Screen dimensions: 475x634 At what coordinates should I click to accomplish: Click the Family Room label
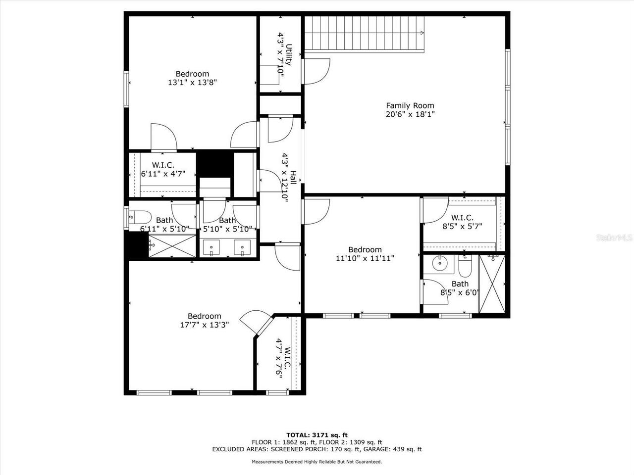[x=410, y=105]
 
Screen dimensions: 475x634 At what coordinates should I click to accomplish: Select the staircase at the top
[x=365, y=33]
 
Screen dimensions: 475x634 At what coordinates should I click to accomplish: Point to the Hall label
[x=293, y=178]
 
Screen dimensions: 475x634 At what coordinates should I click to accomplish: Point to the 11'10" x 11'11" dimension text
[x=365, y=258]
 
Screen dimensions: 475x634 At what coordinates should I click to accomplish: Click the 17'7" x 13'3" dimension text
[x=204, y=325]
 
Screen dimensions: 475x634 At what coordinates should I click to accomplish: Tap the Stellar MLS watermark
[x=615, y=238]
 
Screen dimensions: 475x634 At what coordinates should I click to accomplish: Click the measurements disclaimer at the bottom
[x=317, y=462]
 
